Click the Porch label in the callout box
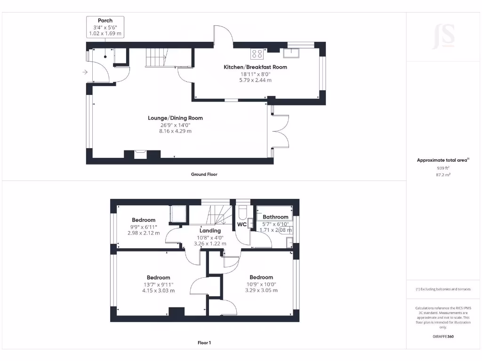coord(105,20)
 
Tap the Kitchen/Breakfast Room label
coord(255,67)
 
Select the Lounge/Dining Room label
coord(175,118)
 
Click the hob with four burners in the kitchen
coord(257,54)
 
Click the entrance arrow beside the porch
coord(85,72)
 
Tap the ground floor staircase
coord(155,57)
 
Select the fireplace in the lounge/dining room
coord(140,155)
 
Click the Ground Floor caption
coord(204,174)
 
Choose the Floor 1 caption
coord(204,343)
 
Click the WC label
coord(241,225)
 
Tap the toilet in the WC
coord(242,212)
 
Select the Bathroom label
coord(275,217)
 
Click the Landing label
coord(210,231)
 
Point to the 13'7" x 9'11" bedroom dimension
coord(158,284)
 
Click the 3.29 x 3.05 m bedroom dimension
coord(261,290)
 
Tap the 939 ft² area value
coord(442,167)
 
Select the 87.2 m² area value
coord(442,174)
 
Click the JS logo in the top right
coord(443,36)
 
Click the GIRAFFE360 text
coord(442,337)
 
